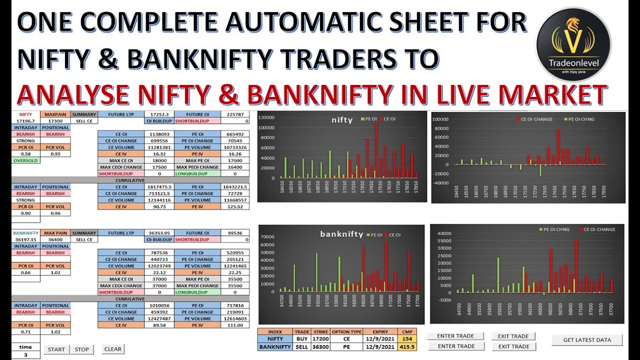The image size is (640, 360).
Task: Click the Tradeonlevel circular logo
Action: pos(573,44)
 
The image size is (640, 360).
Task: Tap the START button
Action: pos(56,349)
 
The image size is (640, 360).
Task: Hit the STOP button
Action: pos(81,349)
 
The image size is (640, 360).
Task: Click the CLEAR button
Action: pos(113,349)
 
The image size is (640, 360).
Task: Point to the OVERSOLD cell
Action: pos(26,160)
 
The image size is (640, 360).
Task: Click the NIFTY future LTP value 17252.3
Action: pos(159,114)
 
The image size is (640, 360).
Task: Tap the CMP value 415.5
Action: pos(406,346)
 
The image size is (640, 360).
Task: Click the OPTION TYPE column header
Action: pos(346,331)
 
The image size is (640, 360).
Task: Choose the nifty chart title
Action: pos(342,120)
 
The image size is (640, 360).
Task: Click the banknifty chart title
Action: pos(341,234)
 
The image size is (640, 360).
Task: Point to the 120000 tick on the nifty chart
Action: pos(267,118)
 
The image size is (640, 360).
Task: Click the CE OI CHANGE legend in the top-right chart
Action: pos(536,119)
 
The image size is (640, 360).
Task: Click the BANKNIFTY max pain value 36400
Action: pos(55,239)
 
